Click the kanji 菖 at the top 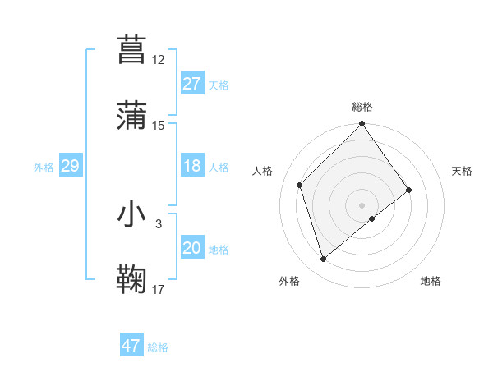(x=133, y=49)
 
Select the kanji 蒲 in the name (x=133, y=115)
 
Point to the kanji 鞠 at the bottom (x=133, y=279)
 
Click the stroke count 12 (x=159, y=60)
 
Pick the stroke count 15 (x=159, y=126)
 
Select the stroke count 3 (x=159, y=223)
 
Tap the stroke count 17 (x=159, y=289)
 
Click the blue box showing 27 (x=191, y=84)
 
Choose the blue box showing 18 (x=191, y=167)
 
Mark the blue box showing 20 (x=191, y=249)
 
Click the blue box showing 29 (x=70, y=167)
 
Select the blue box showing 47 (x=131, y=346)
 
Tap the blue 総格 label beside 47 (x=158, y=347)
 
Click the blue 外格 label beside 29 (x=44, y=168)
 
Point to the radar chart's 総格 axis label (x=362, y=107)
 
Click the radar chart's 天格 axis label (x=462, y=171)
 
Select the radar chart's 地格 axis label (x=431, y=281)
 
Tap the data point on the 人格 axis (x=300, y=185)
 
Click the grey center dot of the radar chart (x=362, y=204)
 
